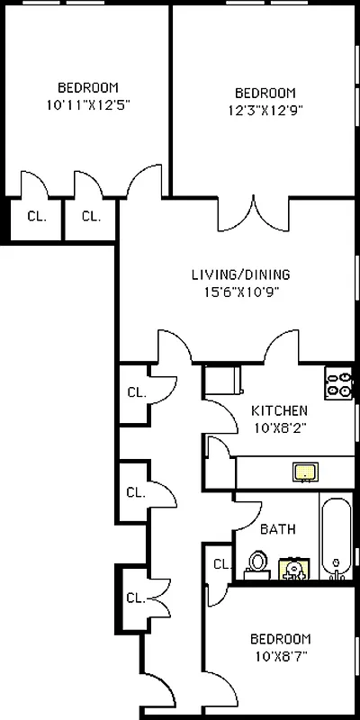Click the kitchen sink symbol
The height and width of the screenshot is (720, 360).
[x=306, y=471]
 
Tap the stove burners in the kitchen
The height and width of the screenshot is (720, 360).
[x=339, y=384]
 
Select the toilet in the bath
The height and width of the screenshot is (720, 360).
[x=258, y=564]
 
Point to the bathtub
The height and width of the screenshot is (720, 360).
[x=337, y=539]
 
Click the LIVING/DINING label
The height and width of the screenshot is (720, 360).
[x=240, y=274]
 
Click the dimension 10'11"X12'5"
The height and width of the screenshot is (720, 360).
[x=88, y=104]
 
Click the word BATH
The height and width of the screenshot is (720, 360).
[x=277, y=530]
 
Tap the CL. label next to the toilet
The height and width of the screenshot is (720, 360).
[x=220, y=564]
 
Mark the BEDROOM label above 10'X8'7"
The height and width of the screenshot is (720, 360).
[x=280, y=639]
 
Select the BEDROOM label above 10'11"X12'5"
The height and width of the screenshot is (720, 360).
[x=88, y=87]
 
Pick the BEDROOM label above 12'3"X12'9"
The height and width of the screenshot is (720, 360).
[x=265, y=94]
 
